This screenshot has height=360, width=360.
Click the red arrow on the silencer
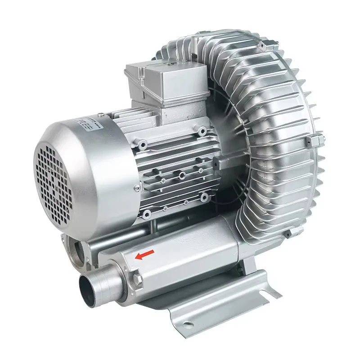pos(145,255)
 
